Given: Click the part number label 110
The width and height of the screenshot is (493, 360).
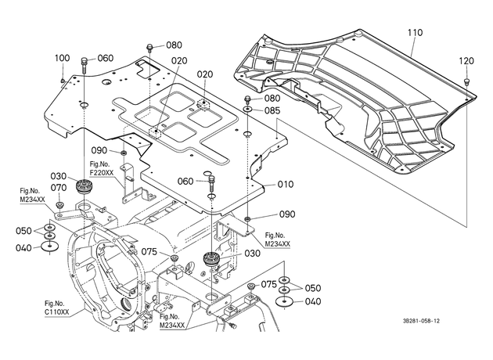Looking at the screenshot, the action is (x=415, y=33).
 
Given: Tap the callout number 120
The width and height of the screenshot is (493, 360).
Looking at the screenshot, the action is (x=466, y=61).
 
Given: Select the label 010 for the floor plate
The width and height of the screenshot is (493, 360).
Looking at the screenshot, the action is (x=286, y=184).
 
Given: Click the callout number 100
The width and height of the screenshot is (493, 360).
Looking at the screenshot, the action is (x=63, y=58).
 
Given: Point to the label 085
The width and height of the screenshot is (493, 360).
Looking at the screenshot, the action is (x=272, y=110).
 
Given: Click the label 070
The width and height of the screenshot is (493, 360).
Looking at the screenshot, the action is (x=59, y=188).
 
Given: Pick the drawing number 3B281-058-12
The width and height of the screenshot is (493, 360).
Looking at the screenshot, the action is (x=422, y=321).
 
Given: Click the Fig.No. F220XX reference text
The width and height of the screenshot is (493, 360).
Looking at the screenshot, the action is (x=100, y=168).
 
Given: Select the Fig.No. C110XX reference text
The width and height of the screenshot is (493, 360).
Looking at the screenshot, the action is (x=56, y=308).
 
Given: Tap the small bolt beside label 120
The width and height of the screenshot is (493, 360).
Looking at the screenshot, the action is (x=466, y=82).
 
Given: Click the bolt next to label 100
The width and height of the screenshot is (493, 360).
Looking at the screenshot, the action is (x=63, y=81).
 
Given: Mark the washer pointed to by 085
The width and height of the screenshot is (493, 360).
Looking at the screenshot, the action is (x=247, y=110).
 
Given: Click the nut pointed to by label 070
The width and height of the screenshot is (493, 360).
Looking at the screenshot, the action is (x=59, y=205).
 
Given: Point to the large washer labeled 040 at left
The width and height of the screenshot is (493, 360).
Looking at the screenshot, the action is (x=50, y=246).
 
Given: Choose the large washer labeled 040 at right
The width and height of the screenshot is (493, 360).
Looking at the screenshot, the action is (x=285, y=302).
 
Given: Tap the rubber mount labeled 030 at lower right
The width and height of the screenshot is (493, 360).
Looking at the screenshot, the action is (x=211, y=259).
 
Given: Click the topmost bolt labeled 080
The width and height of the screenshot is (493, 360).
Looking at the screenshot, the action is (x=150, y=49).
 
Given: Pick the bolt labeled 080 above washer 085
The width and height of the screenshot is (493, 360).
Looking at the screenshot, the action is (x=247, y=101).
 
